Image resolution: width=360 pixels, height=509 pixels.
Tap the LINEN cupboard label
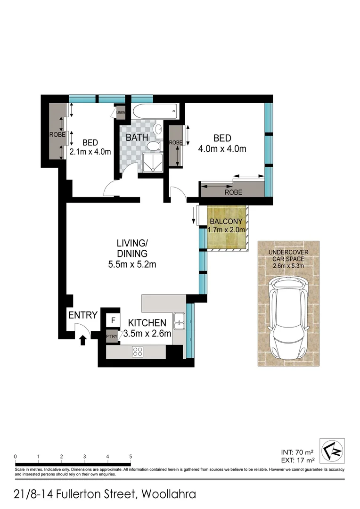pos(121,113)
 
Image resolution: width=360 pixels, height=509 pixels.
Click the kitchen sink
pos(179,320)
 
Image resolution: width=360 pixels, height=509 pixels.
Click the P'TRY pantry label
pos(112,337)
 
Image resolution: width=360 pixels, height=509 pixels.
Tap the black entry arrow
pos(83,339)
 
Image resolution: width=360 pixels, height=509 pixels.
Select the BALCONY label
pos(226,222)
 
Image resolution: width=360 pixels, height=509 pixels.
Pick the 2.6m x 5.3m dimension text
pos(288,265)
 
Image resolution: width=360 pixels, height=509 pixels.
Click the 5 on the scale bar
pos(131,456)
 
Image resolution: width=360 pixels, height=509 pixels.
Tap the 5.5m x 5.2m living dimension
pos(132,264)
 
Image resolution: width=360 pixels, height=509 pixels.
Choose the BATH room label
pos(137,138)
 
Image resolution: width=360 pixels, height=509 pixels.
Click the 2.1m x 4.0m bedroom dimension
pos(90,152)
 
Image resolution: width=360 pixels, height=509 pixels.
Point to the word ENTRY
pos(83,315)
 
